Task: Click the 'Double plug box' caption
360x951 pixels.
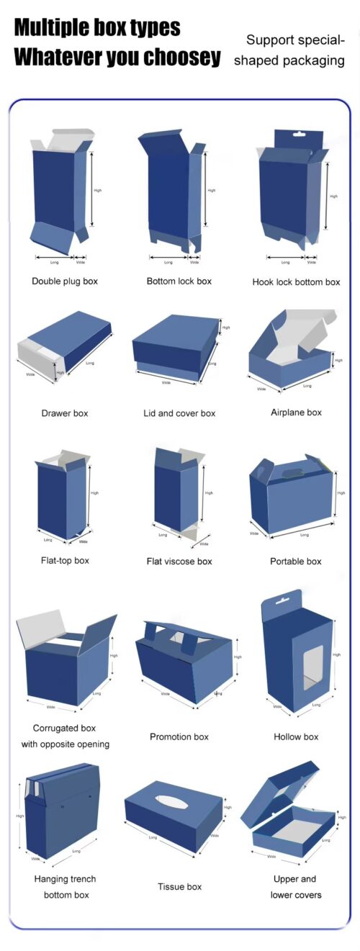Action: [x=65, y=281]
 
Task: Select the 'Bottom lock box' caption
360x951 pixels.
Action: [x=179, y=281]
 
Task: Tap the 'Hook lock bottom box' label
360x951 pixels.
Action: [x=296, y=282]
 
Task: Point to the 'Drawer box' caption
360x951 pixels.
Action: [x=65, y=413]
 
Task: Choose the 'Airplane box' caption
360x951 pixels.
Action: [x=296, y=413]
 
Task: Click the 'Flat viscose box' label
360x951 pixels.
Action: [x=179, y=562]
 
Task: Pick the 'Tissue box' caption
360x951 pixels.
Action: [x=179, y=887]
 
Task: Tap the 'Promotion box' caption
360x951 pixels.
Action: [x=179, y=736]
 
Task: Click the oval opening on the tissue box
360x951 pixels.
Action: [x=171, y=801]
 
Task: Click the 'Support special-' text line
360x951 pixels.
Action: [x=295, y=40]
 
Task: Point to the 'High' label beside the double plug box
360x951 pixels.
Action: [x=97, y=190]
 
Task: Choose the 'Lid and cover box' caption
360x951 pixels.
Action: [x=179, y=413]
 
